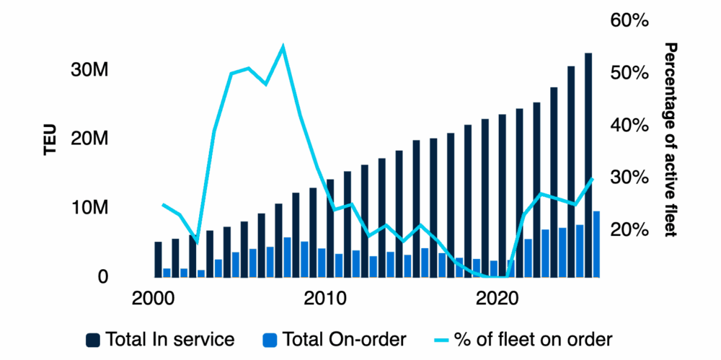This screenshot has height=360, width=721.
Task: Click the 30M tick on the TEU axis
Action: coord(90,71)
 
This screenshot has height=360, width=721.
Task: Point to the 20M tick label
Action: coord(90,139)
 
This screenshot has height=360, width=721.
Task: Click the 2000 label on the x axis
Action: coord(154,297)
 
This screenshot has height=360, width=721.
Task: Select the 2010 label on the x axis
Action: coord(327,297)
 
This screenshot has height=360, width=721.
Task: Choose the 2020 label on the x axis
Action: coord(499,297)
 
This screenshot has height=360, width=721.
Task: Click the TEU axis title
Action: coord(48,140)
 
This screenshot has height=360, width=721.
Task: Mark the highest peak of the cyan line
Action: coord(283,47)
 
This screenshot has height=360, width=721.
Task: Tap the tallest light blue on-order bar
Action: coord(596,244)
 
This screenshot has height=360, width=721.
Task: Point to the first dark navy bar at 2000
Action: coord(159,259)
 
